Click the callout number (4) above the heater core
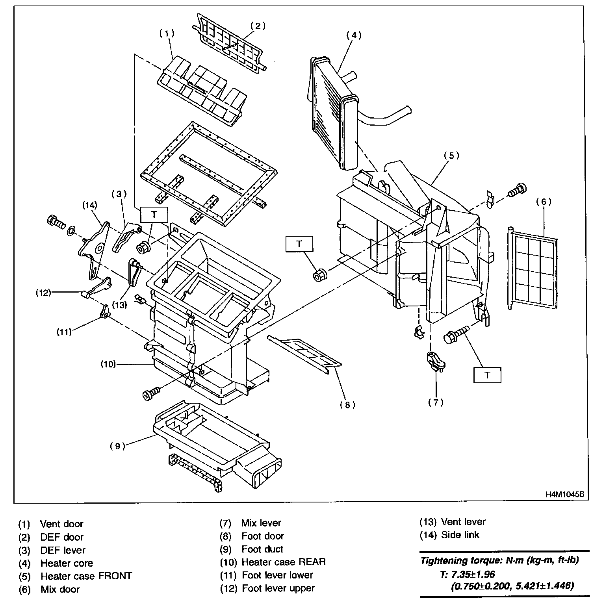(x=354, y=35)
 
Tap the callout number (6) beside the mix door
(x=544, y=202)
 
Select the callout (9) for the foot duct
(x=117, y=446)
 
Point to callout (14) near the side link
(x=89, y=205)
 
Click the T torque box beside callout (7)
(x=487, y=375)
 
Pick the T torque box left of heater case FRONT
(x=299, y=244)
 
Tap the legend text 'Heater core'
(x=67, y=563)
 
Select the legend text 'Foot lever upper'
(x=278, y=588)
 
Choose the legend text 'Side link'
(x=460, y=535)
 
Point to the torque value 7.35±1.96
(x=473, y=574)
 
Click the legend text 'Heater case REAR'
(x=284, y=562)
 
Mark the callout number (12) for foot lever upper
(x=43, y=293)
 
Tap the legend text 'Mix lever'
(x=261, y=523)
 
